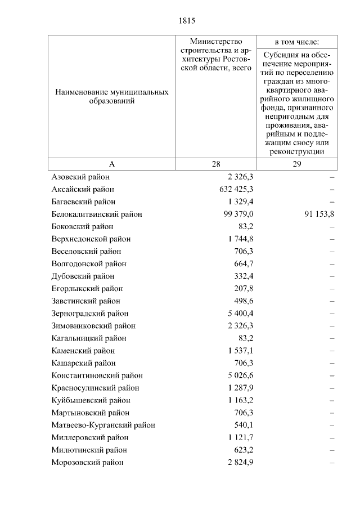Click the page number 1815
click(187, 21)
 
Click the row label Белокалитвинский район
click(96, 214)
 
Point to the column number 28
click(216, 164)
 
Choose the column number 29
click(297, 164)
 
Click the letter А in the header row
click(111, 164)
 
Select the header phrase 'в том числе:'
click(297, 42)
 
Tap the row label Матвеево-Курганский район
click(103, 425)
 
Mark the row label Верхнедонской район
click(91, 239)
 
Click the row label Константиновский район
click(97, 375)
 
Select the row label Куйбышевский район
click(91, 400)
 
